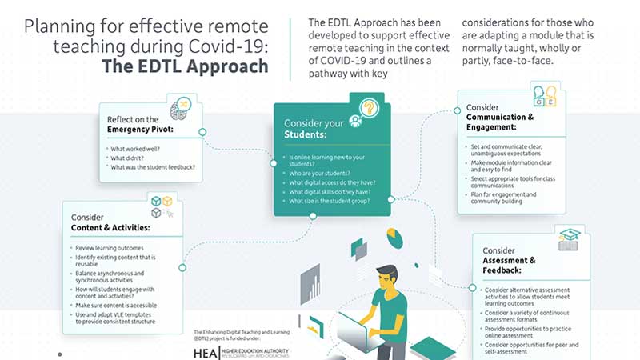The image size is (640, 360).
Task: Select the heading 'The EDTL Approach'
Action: point(186,66)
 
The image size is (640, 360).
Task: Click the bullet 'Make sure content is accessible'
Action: point(116,306)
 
